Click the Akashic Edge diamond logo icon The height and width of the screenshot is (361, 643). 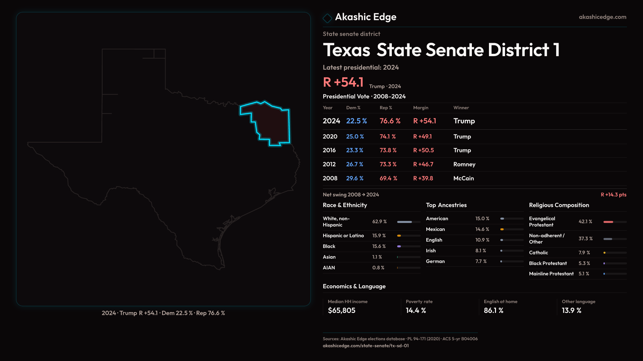327,18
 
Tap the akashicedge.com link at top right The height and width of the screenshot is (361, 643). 602,17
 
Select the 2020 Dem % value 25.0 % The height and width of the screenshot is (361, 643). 355,137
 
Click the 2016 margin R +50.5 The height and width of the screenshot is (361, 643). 423,150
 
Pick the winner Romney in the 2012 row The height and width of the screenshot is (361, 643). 464,164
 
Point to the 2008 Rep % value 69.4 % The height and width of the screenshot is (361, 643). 388,178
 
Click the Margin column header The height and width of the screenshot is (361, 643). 421,108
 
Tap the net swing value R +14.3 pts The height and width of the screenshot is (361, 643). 613,195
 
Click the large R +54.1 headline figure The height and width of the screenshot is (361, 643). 343,82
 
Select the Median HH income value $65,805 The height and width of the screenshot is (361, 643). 341,311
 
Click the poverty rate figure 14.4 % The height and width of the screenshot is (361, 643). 416,311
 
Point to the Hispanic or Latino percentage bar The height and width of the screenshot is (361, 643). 408,236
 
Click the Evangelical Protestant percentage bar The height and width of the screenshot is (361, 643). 615,222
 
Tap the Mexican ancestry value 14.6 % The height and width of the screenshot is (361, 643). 482,229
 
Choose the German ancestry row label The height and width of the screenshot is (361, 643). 435,261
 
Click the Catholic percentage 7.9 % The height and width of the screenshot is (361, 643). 584,253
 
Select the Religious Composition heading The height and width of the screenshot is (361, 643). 559,205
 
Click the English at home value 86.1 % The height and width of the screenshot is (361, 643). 493,311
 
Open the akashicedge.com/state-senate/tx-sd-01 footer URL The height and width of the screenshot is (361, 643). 365,346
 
